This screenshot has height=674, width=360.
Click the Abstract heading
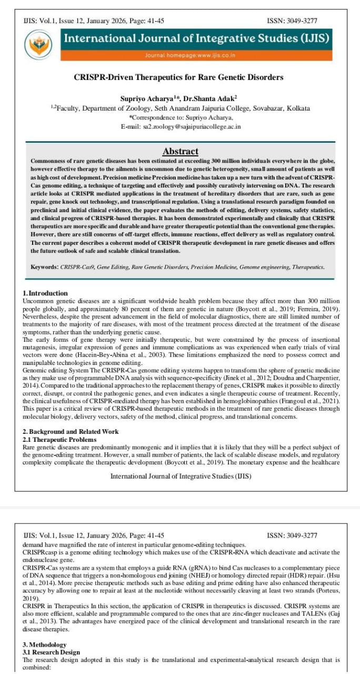(180, 151)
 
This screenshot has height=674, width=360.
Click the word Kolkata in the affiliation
(297, 108)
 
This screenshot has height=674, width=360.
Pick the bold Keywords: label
(44, 267)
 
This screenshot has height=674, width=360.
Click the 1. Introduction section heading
(45, 293)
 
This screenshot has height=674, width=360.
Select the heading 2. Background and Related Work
(71, 432)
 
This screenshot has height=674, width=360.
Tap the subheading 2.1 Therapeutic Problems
(59, 439)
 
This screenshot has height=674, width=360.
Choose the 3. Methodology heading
(44, 645)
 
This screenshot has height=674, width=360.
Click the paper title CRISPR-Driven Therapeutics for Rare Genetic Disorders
(178, 77)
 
